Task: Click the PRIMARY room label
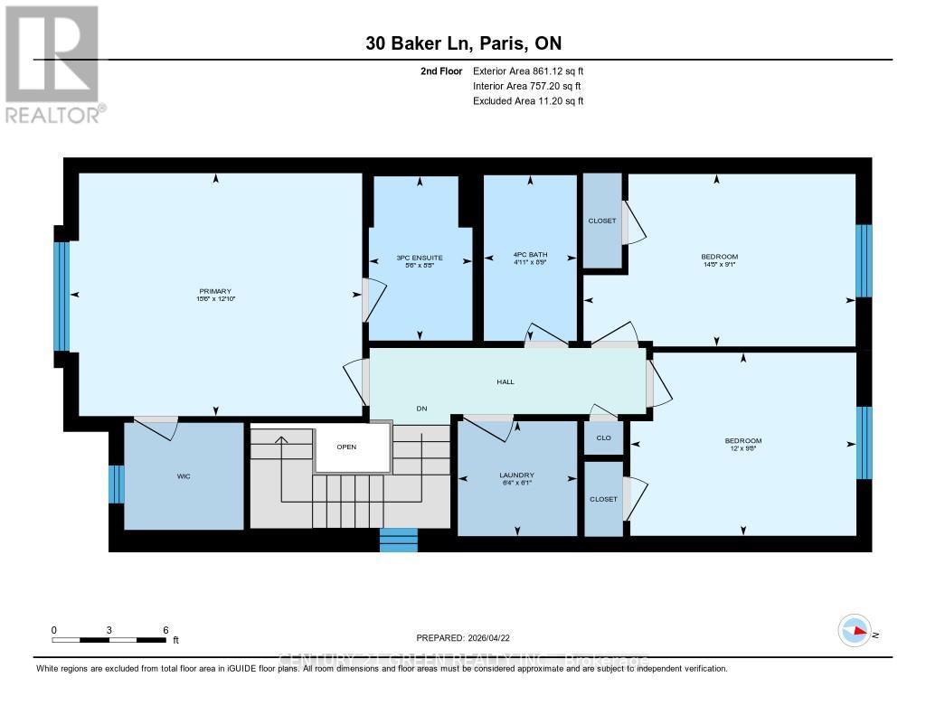point(215,290)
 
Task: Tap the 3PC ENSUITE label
point(420,258)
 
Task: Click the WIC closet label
point(184,475)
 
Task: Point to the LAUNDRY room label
point(516,475)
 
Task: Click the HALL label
point(506,381)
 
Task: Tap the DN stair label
point(421,409)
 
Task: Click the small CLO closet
point(603,437)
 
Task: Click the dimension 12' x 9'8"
point(743,448)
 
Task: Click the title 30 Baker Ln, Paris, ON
point(469,42)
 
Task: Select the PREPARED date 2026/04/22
point(469,637)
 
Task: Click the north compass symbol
point(854,630)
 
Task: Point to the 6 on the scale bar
point(165,630)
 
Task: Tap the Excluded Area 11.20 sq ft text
point(528,101)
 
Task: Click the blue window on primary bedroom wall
point(61,296)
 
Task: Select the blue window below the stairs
point(398,540)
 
